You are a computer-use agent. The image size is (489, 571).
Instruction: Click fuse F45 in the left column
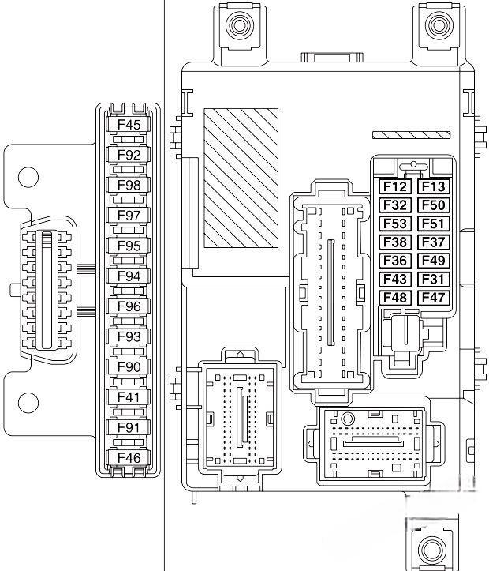tap(129, 125)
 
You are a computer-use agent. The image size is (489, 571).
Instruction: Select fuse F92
tap(129, 155)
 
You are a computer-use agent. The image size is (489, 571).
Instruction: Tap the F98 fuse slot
tap(129, 185)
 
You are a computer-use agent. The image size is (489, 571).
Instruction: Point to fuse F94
tap(129, 276)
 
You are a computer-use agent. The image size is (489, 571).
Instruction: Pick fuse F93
tap(129, 336)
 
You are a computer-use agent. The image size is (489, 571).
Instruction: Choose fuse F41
tap(129, 397)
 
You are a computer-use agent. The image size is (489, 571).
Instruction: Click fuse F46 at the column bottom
tap(129, 457)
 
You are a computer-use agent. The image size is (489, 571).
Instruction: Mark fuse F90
tap(129, 366)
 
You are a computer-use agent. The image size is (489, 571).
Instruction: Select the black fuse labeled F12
tap(395, 186)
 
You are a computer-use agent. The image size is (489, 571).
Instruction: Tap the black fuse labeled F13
tap(433, 186)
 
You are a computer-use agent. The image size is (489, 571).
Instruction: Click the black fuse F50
tap(433, 205)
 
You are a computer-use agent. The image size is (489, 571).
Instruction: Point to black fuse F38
tap(395, 242)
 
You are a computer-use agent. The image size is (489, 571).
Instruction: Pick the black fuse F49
tap(433, 261)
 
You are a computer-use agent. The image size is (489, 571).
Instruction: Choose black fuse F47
tap(433, 298)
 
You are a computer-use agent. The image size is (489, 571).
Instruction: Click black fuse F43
tap(395, 279)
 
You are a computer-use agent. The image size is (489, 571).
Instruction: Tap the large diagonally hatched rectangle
tap(241, 176)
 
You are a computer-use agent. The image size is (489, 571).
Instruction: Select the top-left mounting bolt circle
tap(239, 25)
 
